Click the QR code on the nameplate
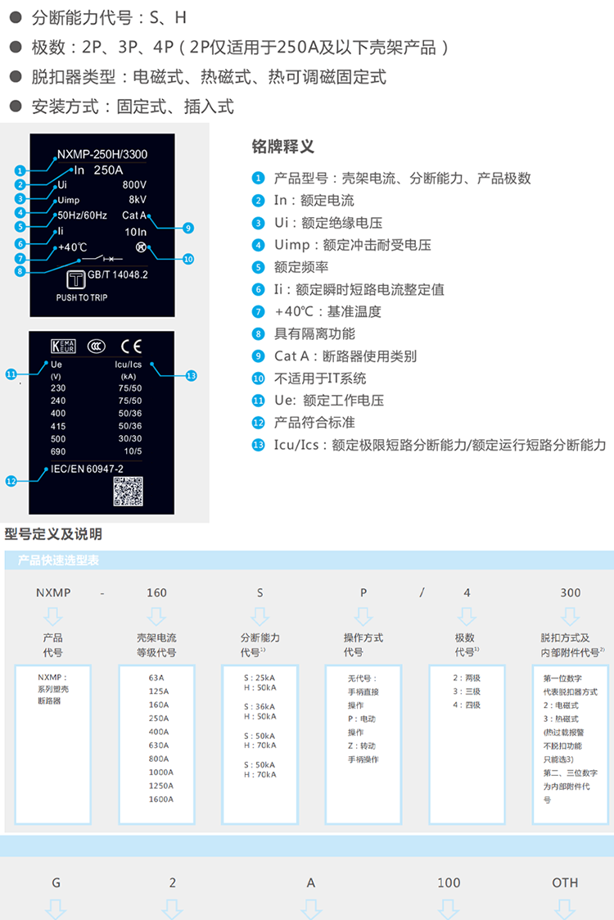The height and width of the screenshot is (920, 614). coord(128,490)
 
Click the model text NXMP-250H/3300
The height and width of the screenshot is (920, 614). coord(102,154)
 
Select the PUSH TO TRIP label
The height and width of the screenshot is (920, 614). coord(81,298)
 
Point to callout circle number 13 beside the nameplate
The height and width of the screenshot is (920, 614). coord(191,375)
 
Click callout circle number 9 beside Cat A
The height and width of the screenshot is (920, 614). coord(188,228)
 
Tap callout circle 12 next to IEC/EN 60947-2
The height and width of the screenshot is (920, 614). coord(11,482)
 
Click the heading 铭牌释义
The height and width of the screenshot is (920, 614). coord(282,147)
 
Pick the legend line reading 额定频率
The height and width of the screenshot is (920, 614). coord(301,267)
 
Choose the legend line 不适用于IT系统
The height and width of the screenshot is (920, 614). coord(320,378)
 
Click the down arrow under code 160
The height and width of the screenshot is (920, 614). coord(156,616)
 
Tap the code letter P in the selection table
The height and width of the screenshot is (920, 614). coord(363,592)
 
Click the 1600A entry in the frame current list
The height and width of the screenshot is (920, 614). coord(160,799)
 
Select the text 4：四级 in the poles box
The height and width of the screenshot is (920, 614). coord(467,705)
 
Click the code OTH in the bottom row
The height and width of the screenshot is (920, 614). coord(565,882)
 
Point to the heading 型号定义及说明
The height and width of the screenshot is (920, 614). coord(53,534)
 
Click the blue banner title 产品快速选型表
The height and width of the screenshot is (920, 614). coord(58,560)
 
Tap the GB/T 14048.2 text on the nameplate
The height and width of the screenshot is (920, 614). coord(120,276)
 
